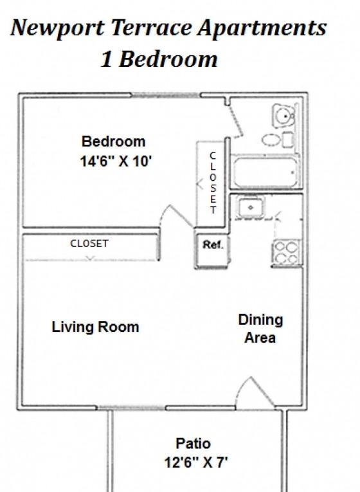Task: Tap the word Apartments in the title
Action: click(x=262, y=28)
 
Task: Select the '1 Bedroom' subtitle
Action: click(x=159, y=59)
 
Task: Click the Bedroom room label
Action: click(x=114, y=141)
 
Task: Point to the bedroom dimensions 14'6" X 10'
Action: click(x=116, y=162)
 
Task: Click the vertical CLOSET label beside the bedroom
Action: click(x=213, y=183)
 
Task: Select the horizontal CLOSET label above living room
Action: click(x=89, y=244)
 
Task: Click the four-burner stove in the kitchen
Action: click(x=286, y=252)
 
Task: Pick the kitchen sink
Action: click(x=250, y=208)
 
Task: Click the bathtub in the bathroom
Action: click(x=265, y=172)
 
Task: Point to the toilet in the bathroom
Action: click(x=283, y=115)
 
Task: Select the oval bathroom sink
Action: click(x=271, y=140)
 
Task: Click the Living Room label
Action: click(x=95, y=327)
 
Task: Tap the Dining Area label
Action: click(x=260, y=329)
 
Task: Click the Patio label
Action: click(x=193, y=444)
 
